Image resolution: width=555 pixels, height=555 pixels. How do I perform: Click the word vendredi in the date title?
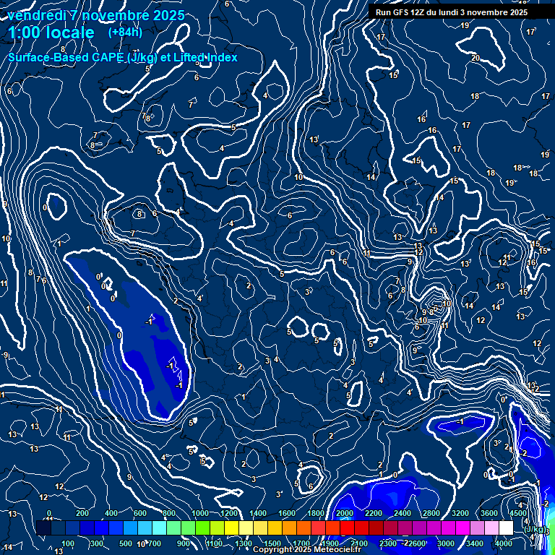point(38,15)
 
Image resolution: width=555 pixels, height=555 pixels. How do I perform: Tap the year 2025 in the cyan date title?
point(167,15)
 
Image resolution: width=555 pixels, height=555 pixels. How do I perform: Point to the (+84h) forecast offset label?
point(125,33)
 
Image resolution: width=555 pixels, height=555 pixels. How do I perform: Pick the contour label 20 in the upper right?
point(475,58)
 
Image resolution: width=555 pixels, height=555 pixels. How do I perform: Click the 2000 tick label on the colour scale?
point(345,513)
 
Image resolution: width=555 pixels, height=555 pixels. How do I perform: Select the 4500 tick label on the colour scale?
point(518,513)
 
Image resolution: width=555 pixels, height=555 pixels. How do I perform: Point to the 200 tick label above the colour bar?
point(82,513)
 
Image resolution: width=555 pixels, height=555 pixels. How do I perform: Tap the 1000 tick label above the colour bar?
point(199,513)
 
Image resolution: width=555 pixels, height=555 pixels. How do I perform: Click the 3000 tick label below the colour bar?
point(445,543)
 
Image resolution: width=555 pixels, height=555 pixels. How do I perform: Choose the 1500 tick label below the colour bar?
point(272,543)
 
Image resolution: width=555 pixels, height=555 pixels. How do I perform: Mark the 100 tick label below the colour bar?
point(68,543)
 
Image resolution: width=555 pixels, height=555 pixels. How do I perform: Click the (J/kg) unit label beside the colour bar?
point(535,530)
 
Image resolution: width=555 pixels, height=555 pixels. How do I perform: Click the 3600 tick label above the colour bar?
point(489,513)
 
